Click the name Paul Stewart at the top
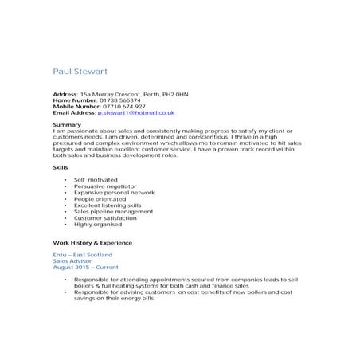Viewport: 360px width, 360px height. (x=82, y=72)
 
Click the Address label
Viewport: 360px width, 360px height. (x=65, y=94)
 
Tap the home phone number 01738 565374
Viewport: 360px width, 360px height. (x=116, y=100)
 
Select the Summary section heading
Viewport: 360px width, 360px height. (x=67, y=124)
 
